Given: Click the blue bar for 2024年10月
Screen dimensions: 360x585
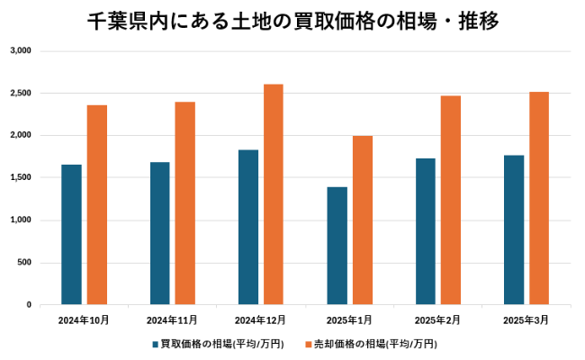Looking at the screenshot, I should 71,235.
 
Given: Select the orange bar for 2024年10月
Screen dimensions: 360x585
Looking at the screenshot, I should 97,205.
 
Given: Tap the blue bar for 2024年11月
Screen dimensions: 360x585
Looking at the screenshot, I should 159,233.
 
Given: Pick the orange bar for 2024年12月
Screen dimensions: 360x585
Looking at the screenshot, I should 274,194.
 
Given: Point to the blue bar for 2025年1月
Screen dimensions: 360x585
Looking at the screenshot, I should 337,246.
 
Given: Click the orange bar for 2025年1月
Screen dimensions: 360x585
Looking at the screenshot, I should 363,220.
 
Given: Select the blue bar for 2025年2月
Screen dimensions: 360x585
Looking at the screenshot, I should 425,231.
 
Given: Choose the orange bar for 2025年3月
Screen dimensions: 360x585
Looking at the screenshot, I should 539,198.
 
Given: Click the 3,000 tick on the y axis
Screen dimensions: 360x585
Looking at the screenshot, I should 20,50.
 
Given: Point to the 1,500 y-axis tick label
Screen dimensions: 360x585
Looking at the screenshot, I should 20,177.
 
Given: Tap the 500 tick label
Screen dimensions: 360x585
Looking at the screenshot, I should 24,263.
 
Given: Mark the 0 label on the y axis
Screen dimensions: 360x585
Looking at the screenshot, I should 29,305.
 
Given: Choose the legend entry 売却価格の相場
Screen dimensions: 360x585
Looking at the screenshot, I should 376,344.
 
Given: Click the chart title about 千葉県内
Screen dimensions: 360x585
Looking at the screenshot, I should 292,20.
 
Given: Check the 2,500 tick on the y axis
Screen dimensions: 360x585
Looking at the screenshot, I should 20,93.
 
